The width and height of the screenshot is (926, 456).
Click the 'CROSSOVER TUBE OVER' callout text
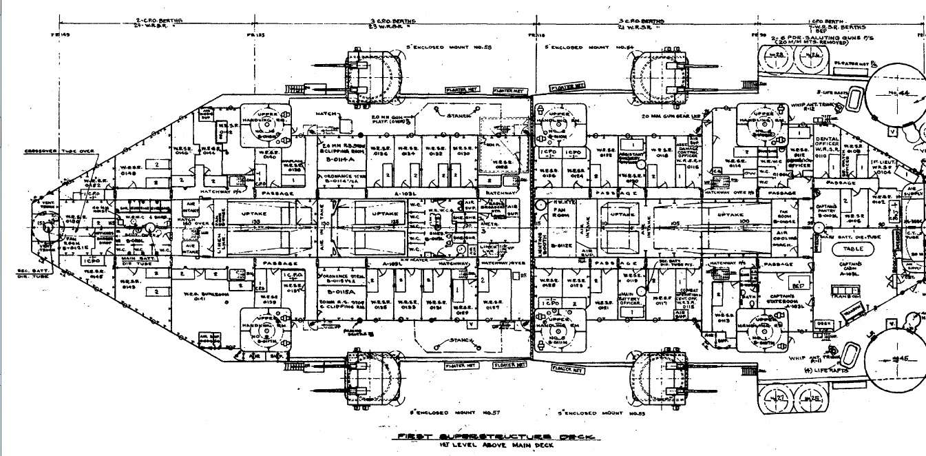coord(50,151)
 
